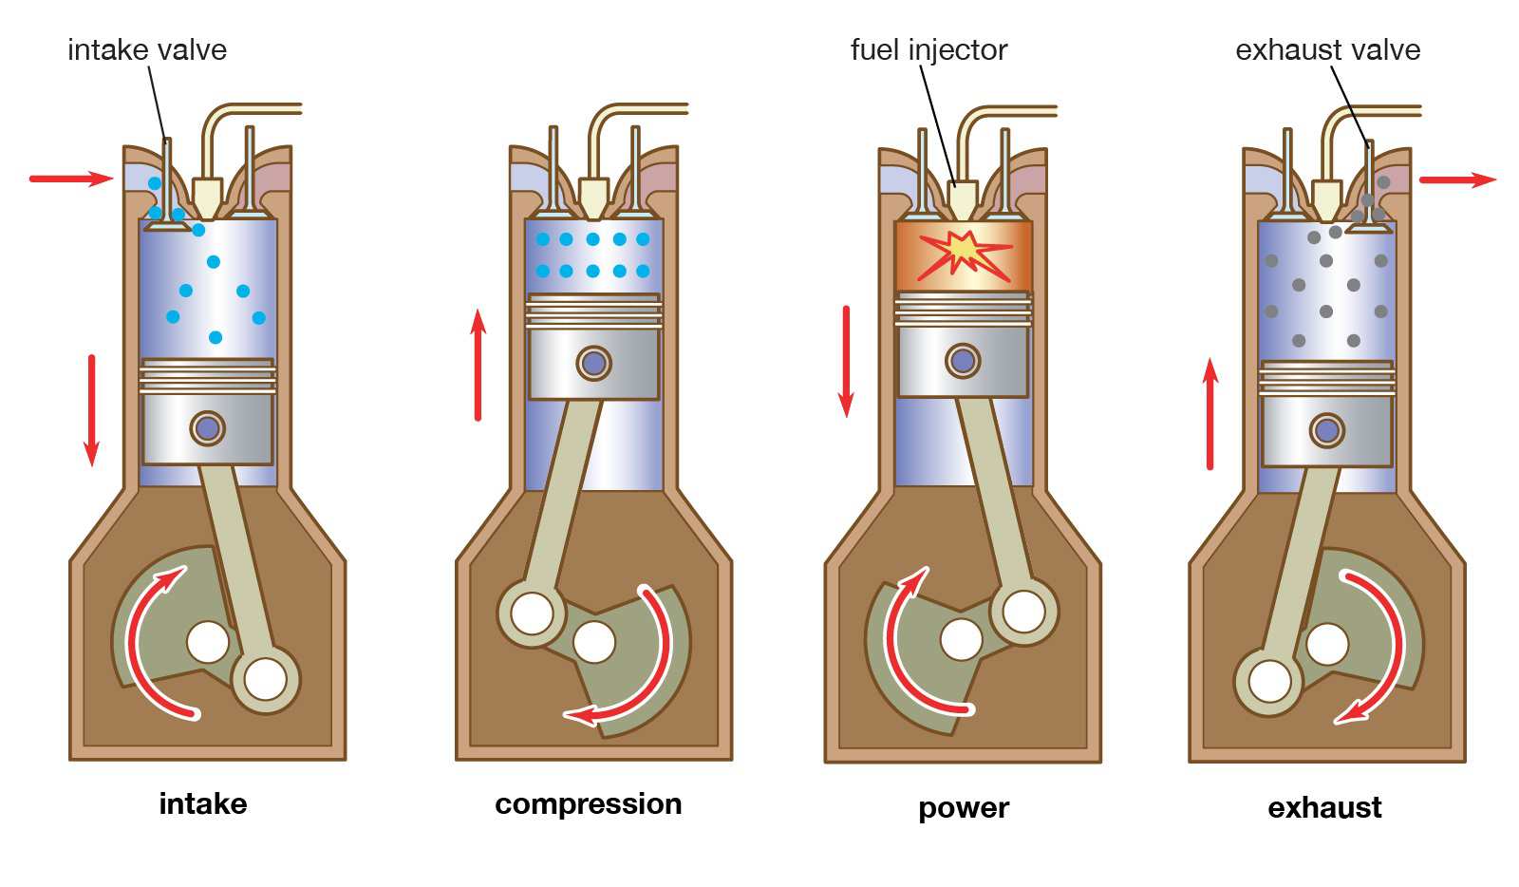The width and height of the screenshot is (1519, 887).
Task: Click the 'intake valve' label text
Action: point(147,50)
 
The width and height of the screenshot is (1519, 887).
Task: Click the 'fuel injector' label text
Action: point(928,50)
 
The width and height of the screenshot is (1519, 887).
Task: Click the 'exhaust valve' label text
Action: point(1327,50)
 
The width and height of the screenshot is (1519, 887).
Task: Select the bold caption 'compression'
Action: point(588,804)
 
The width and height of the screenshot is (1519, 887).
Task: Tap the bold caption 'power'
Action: point(963,808)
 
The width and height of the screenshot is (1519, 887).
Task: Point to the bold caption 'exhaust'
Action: point(1324,808)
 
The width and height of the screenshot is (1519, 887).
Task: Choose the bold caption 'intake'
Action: point(203,804)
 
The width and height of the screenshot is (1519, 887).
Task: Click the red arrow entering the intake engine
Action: point(71,178)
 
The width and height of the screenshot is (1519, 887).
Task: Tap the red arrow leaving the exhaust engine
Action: point(1457,179)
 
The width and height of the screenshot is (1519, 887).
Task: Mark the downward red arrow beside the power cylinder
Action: point(846,362)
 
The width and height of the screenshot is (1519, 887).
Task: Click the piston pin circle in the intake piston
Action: point(207,428)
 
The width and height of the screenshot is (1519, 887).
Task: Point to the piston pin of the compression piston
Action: point(594,363)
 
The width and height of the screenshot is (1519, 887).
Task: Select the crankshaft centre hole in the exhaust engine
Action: point(1327,645)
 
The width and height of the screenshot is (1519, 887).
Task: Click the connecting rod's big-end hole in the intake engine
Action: point(265,680)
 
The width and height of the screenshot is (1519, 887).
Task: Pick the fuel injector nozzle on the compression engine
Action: point(593,198)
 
